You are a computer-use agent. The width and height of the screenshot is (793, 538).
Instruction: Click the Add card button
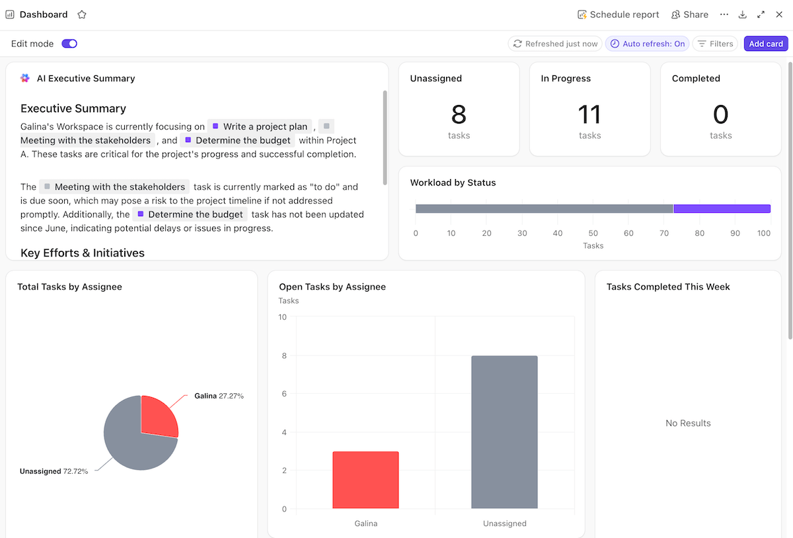click(766, 44)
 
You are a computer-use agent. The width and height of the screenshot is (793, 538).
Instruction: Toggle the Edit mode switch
click(69, 44)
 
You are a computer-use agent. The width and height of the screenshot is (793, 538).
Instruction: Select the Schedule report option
click(618, 15)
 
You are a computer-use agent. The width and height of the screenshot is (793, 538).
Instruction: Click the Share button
click(689, 15)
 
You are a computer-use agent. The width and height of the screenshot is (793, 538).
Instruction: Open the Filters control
click(715, 44)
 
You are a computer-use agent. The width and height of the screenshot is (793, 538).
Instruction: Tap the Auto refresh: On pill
click(647, 44)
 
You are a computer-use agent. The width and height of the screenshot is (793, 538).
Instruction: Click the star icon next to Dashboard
click(82, 15)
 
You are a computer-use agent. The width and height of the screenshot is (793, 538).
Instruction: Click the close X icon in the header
click(779, 15)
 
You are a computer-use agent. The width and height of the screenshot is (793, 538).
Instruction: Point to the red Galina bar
click(365, 480)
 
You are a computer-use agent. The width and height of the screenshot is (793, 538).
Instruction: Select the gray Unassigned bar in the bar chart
click(504, 432)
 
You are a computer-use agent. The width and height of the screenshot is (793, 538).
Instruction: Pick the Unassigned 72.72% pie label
click(54, 471)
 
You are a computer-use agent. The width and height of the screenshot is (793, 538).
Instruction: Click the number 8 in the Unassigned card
click(459, 114)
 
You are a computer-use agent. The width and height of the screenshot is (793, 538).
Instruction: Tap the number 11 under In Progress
click(589, 114)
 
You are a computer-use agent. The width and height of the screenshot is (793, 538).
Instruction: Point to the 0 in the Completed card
click(720, 114)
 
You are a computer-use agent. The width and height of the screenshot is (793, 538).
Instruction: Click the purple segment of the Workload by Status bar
click(722, 209)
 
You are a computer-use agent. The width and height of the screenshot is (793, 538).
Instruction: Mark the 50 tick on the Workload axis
click(593, 233)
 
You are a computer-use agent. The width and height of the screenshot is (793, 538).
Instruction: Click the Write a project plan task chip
click(260, 126)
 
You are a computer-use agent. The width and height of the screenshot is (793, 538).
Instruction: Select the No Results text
click(688, 423)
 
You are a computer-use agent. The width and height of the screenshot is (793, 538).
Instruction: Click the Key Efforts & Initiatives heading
click(83, 252)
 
